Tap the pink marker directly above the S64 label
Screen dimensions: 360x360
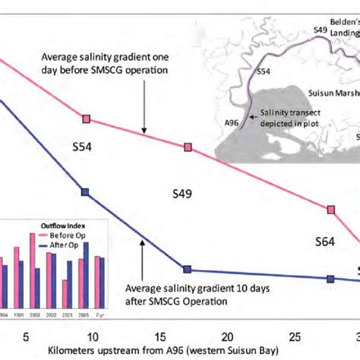click(x=331, y=210)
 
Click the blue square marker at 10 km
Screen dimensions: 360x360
click(x=86, y=193)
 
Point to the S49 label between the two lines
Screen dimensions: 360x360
click(x=178, y=194)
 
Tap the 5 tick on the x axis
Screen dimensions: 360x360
click(x=26, y=336)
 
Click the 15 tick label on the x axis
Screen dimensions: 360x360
click(x=158, y=336)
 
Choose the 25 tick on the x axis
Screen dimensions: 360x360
click(x=292, y=336)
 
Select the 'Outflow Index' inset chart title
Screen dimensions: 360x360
click(x=62, y=225)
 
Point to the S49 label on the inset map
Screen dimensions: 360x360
click(x=320, y=30)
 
